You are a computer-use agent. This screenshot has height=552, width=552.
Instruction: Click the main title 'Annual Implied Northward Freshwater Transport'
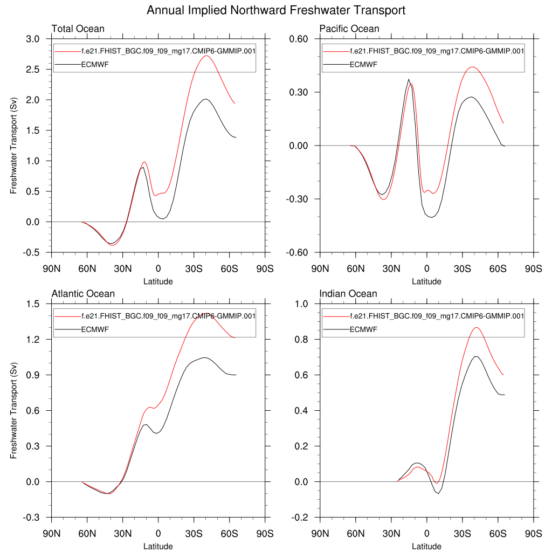point(275,10)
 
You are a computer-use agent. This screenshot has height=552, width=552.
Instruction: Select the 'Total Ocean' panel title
point(78,29)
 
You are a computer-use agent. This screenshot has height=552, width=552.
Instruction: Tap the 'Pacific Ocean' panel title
point(349,29)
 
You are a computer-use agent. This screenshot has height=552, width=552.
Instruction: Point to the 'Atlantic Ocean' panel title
point(83,294)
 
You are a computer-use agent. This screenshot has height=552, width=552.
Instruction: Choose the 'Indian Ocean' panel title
point(348,294)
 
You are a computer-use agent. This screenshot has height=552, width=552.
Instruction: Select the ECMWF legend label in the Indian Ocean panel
point(364,329)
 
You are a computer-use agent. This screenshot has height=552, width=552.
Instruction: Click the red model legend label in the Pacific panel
point(437,51)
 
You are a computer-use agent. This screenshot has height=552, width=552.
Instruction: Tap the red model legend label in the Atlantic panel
point(168,316)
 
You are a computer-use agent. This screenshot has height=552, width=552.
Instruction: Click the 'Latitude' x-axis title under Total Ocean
point(158,281)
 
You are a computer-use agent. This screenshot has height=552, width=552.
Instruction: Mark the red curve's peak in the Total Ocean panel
point(206,56)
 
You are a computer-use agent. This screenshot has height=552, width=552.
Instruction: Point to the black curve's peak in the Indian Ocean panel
point(476,356)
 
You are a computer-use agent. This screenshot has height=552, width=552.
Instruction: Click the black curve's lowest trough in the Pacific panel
point(431,217)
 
